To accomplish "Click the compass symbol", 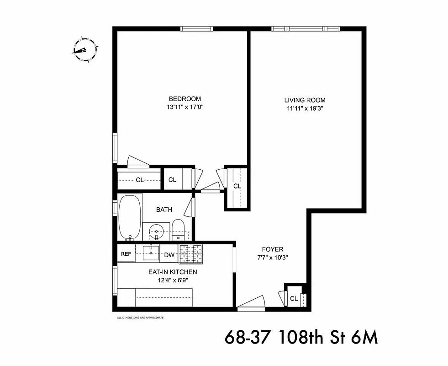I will tap(84, 50).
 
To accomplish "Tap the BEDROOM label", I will tap(184, 99).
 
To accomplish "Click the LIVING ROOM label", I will tap(305, 100).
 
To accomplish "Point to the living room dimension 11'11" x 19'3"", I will tap(305, 109).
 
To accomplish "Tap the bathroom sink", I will tap(157, 231).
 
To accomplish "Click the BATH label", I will tap(164, 210).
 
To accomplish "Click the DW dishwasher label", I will tap(169, 255).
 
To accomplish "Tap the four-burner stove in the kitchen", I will tap(190, 254).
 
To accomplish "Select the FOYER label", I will tap(273, 249).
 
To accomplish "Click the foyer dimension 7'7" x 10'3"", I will tap(273, 258).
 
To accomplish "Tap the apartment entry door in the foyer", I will tap(251, 305).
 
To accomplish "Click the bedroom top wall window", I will tap(197, 29).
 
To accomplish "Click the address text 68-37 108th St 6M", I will tap(301, 338).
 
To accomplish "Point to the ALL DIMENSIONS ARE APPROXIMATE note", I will tap(140, 318).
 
